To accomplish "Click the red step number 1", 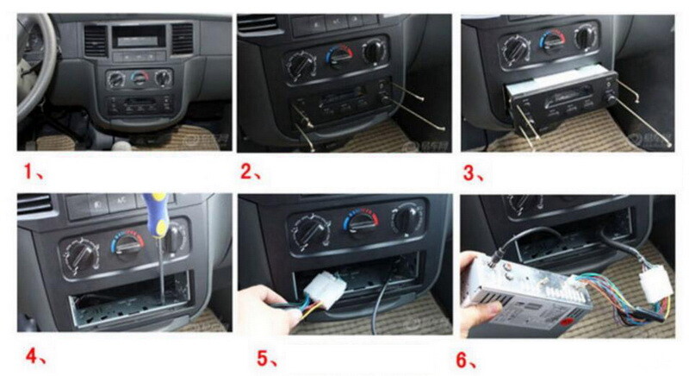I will [33, 172].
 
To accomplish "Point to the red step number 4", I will [32, 352].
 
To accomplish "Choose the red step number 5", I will [254, 354].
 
